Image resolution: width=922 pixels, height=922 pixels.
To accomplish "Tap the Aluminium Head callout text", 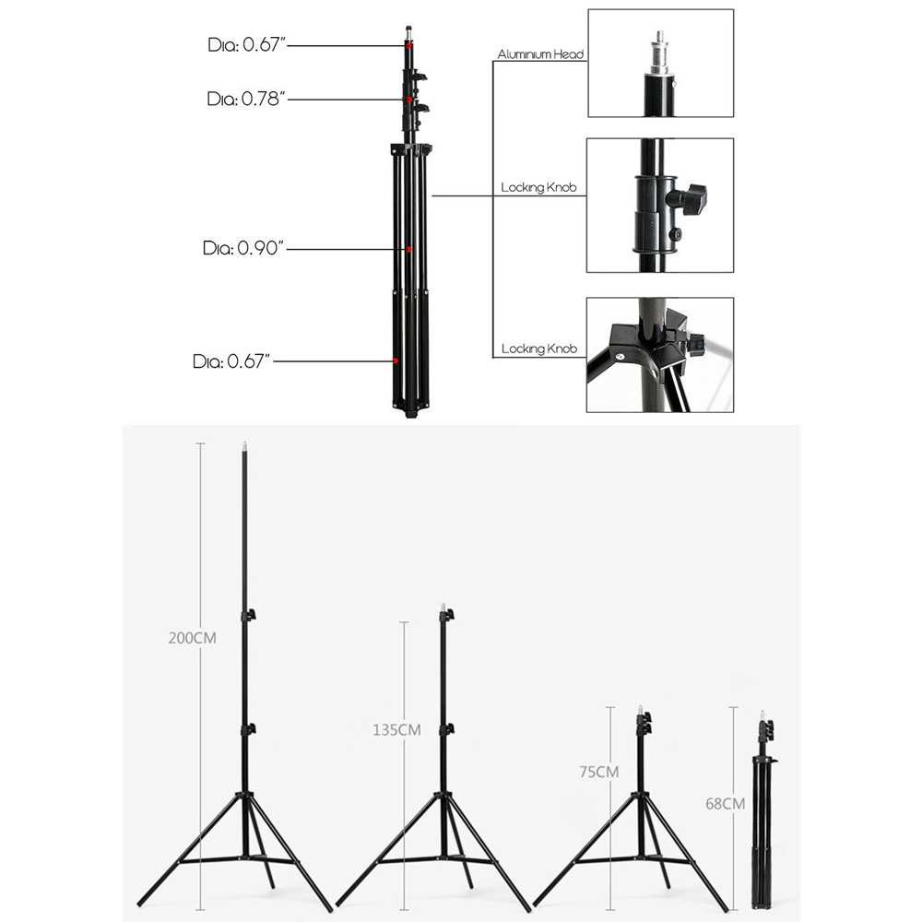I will (x=540, y=55).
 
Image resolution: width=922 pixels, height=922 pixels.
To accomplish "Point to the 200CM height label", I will (x=192, y=637).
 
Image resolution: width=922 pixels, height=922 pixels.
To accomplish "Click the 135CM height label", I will (x=396, y=729).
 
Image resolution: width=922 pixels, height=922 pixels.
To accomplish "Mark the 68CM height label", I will (x=725, y=803).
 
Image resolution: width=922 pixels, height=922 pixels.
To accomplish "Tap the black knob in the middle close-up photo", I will (x=690, y=199).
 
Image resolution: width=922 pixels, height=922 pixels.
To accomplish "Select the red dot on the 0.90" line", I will (x=408, y=249).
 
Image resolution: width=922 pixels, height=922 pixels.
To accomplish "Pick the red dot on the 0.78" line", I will (x=407, y=99).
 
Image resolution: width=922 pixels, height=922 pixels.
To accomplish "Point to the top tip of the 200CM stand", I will (x=244, y=444).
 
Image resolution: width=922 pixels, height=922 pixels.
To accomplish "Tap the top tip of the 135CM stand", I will (x=443, y=607).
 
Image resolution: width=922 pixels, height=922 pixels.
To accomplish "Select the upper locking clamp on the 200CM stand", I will (x=247, y=615).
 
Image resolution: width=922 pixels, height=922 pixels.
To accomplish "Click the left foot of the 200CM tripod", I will (x=140, y=904).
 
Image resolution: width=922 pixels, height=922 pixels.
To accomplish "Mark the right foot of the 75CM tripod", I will (x=725, y=908).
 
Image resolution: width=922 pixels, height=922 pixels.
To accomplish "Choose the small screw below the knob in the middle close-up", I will (x=676, y=234).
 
